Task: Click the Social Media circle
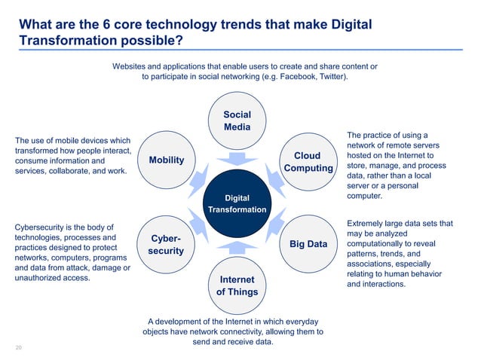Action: [237, 121]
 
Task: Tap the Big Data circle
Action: [308, 243]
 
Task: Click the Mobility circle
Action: [166, 160]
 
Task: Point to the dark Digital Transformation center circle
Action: [237, 203]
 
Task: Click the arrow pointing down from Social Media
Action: [237, 159]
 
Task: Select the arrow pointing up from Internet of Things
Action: [237, 246]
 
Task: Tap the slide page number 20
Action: [19, 347]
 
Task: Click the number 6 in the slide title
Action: [107, 25]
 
